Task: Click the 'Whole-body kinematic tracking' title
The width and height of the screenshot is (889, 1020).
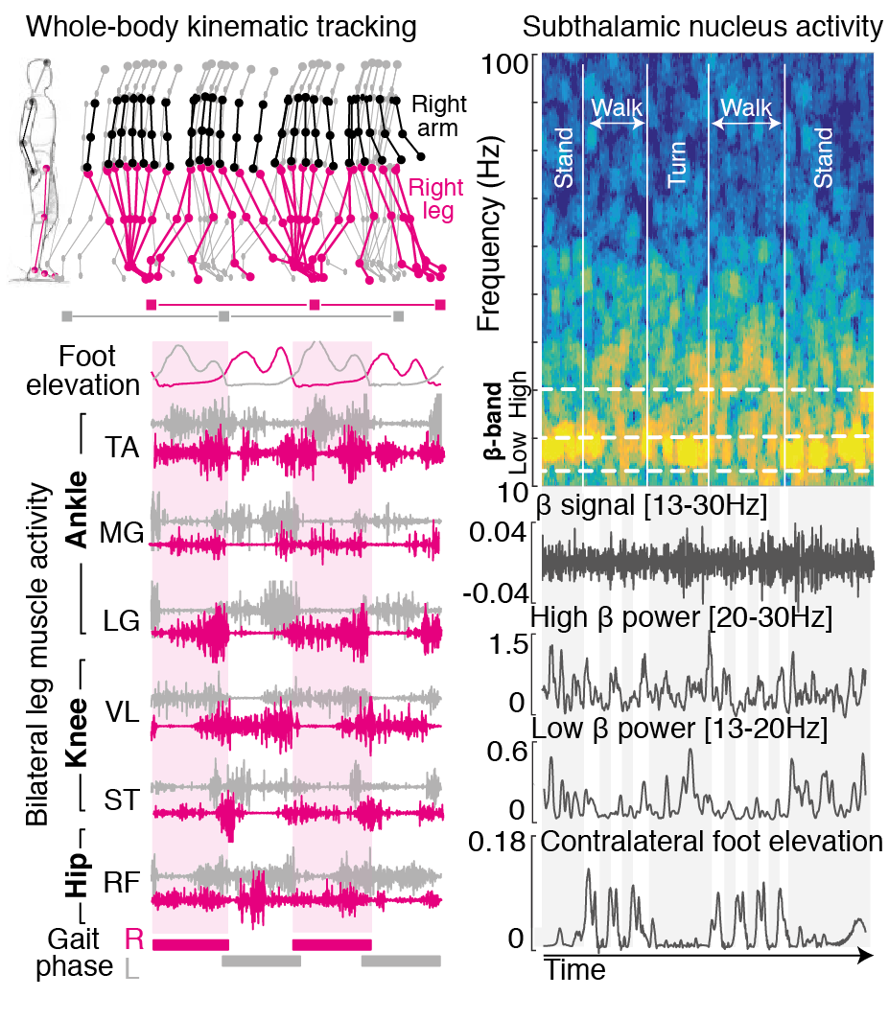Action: point(221,27)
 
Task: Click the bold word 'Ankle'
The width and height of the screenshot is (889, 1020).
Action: point(77,509)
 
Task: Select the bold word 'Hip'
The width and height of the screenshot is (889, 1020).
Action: point(77,873)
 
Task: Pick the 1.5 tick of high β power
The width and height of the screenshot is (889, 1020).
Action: point(506,644)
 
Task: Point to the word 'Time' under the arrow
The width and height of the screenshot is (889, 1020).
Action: point(575,970)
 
